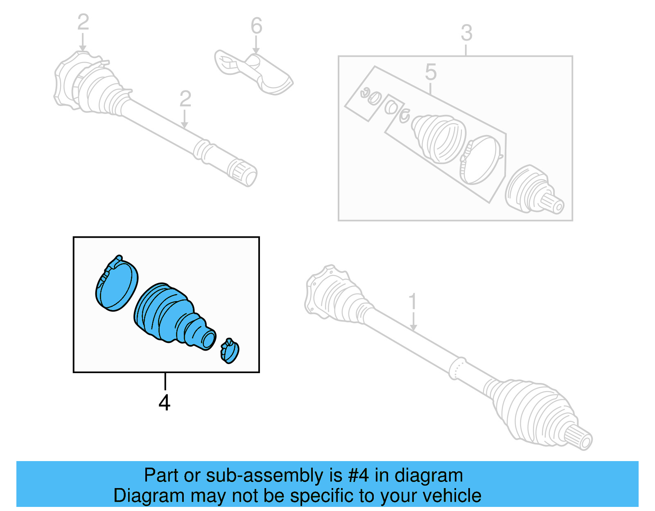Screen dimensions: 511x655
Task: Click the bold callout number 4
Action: [164, 403]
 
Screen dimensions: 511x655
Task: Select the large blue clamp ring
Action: [117, 285]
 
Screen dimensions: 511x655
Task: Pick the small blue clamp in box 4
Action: [230, 351]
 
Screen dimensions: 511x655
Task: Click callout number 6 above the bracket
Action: [256, 27]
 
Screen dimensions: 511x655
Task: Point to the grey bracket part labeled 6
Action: [254, 72]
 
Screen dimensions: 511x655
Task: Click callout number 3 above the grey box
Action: [466, 33]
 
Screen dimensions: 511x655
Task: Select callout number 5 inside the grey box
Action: [431, 72]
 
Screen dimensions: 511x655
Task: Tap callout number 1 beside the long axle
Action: [413, 302]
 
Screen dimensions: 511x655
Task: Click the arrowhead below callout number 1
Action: [413, 328]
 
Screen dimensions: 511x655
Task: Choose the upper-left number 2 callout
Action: [83, 23]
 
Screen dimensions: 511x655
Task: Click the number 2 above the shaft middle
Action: [185, 99]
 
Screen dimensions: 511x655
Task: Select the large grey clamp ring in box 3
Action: [481, 160]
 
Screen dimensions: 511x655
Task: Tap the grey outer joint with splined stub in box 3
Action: [532, 190]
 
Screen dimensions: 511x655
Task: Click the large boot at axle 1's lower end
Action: [532, 413]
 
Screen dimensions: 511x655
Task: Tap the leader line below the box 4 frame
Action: [165, 381]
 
